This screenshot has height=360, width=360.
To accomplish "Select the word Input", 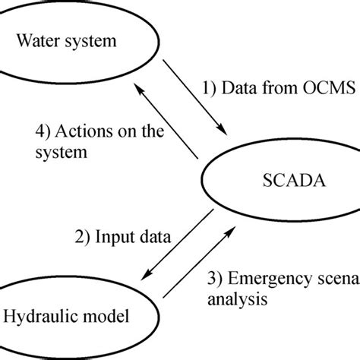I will [x=112, y=235].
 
